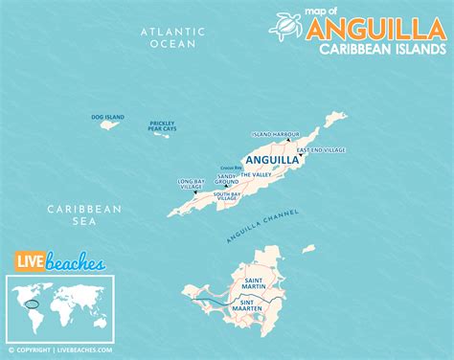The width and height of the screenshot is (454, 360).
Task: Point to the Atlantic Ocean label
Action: [173, 37]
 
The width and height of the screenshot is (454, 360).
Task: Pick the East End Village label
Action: [321, 150]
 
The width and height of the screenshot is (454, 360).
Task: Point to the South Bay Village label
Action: [227, 196]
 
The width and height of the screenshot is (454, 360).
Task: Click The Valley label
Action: [256, 175]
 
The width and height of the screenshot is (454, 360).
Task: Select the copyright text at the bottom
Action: [61, 350]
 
